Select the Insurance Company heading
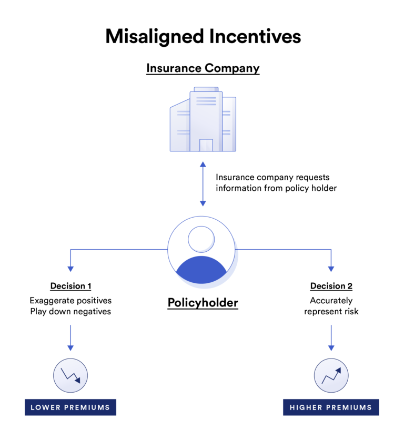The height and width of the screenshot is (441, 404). [203, 68]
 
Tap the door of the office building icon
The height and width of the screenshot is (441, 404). [206, 145]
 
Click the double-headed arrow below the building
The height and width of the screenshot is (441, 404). [203, 183]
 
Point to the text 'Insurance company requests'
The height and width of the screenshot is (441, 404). [272, 178]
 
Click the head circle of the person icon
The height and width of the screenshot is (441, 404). [202, 239]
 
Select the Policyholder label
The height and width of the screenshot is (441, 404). [203, 303]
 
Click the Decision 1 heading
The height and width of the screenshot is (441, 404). [70, 286]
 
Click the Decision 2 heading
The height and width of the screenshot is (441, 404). [331, 286]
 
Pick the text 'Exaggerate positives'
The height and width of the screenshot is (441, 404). [70, 301]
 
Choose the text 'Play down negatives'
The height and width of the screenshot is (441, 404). [70, 312]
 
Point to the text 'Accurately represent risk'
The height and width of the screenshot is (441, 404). [331, 306]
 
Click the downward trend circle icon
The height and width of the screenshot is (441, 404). [70, 375]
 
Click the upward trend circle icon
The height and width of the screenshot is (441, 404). [331, 375]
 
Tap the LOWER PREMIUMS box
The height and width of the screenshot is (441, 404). [70, 407]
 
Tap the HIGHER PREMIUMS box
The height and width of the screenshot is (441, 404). [331, 407]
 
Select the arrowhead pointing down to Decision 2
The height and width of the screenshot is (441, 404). [331, 269]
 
